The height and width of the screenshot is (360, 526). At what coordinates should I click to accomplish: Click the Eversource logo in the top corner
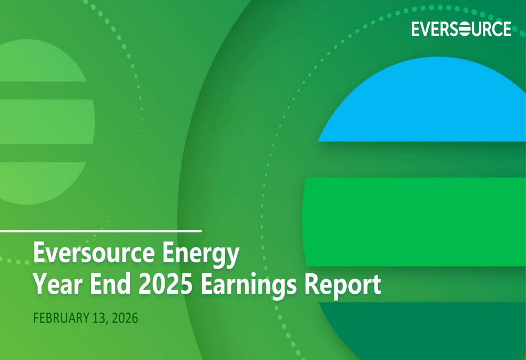click(x=461, y=29)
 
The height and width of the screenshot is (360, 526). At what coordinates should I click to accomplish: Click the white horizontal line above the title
click(x=100, y=231)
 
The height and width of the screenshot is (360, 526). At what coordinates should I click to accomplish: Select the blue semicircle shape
click(x=426, y=105)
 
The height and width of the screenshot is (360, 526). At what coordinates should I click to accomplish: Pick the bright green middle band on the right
click(x=416, y=221)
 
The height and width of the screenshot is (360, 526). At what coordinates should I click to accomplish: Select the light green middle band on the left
click(x=45, y=121)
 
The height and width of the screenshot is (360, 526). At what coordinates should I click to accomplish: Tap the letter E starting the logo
click(x=416, y=29)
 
